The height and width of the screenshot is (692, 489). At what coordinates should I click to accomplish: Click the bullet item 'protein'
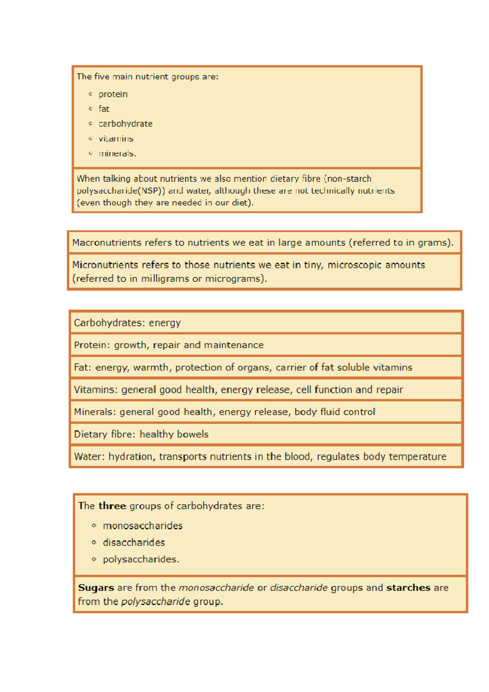tap(113, 94)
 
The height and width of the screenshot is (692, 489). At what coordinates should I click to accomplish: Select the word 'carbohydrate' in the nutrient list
tap(126, 124)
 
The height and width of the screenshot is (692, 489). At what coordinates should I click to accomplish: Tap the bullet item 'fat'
tap(104, 109)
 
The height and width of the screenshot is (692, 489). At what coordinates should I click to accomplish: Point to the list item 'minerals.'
tap(117, 154)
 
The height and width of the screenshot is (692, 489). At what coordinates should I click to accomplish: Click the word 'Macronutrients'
tap(106, 243)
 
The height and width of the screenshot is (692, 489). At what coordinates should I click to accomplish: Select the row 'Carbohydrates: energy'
tap(127, 323)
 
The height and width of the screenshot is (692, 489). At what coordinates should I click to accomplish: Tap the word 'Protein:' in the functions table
tap(92, 345)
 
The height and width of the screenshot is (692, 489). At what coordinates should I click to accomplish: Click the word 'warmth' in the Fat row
tap(151, 368)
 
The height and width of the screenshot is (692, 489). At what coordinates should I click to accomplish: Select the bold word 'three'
tap(112, 506)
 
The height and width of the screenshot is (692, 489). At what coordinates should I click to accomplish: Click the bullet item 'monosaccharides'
tap(143, 526)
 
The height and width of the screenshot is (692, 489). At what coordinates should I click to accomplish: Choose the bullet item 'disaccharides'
tap(134, 543)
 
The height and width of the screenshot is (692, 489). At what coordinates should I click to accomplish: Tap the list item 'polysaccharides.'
tap(141, 560)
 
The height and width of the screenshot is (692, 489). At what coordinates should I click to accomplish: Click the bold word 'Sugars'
tap(96, 588)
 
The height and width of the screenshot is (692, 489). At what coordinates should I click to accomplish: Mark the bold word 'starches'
tap(408, 588)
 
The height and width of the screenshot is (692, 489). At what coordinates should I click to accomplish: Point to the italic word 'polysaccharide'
tap(156, 602)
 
